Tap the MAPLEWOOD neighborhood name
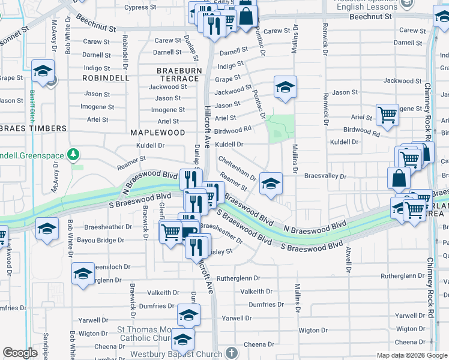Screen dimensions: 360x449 pos(158,132)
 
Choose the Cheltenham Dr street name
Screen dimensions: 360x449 pos(238,169)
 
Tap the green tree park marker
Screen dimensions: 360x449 pos(73,155)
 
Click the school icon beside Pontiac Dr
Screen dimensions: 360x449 pos(286,87)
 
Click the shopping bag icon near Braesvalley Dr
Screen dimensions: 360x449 pos(399,178)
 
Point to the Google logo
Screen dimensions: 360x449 pos(20,353)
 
